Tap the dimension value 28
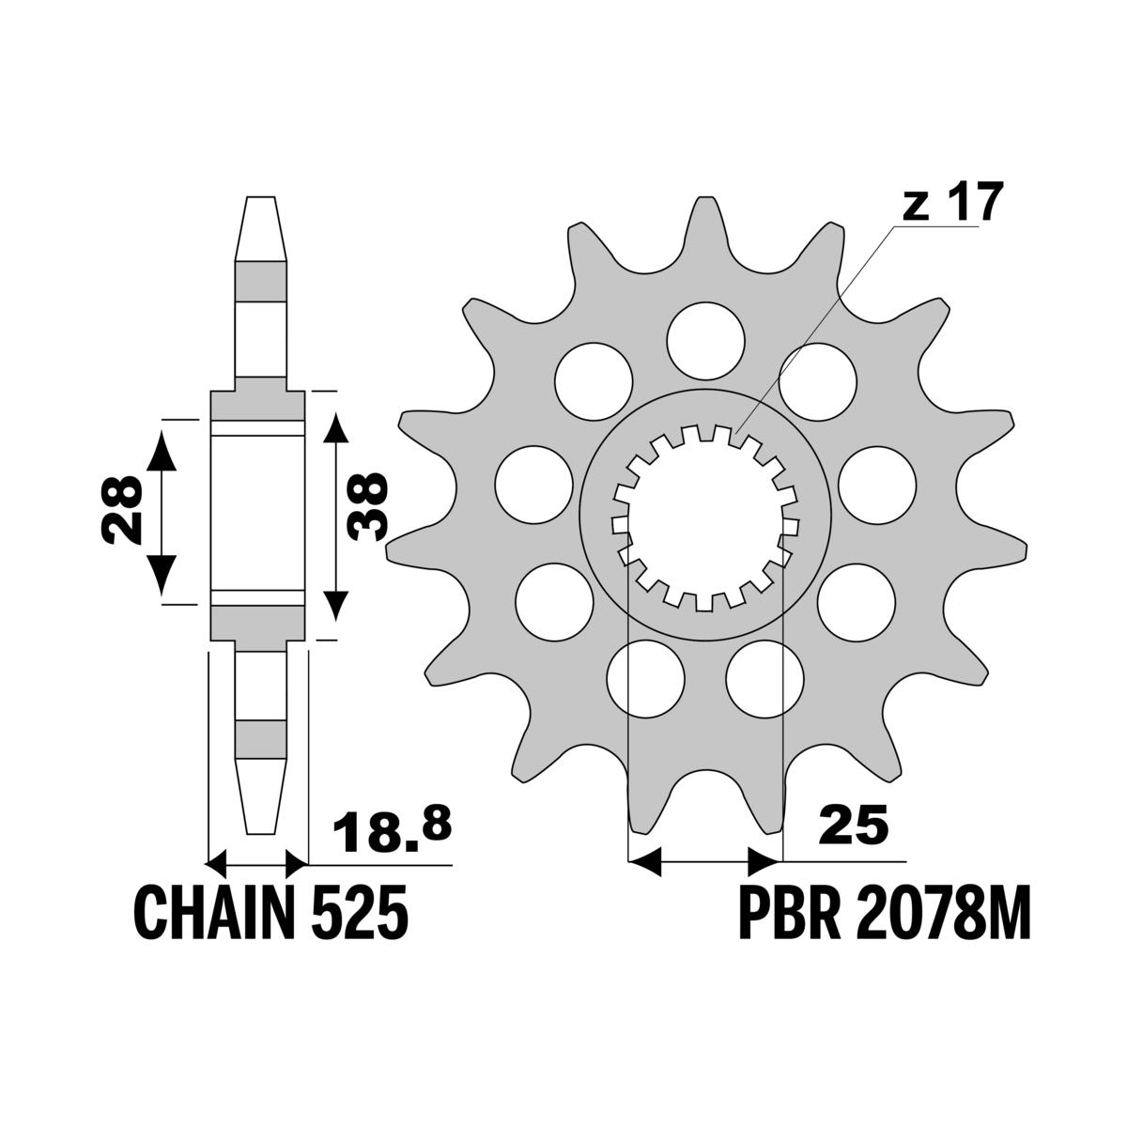(122, 509)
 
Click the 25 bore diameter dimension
(854, 827)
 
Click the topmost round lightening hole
(705, 341)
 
